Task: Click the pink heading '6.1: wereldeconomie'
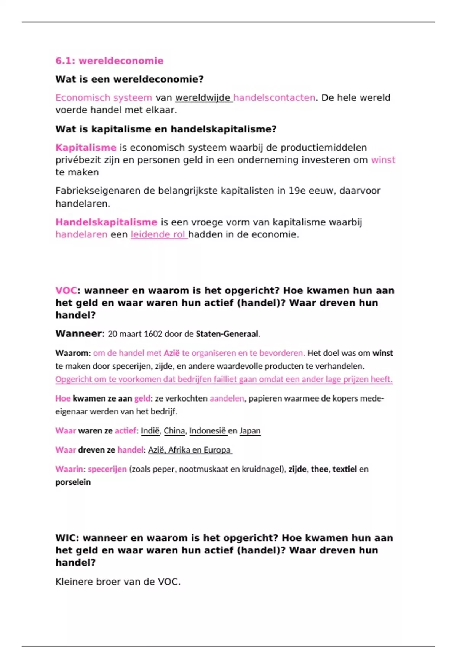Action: click(109, 61)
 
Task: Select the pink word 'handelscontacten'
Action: click(274, 98)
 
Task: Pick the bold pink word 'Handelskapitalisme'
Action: click(106, 222)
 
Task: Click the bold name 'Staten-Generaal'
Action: click(227, 334)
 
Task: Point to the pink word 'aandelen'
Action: click(227, 398)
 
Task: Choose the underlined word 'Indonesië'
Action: click(208, 431)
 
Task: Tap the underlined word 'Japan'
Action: click(250, 431)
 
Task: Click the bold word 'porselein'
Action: click(73, 482)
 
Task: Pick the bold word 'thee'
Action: click(319, 469)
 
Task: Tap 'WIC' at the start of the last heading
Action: click(67, 538)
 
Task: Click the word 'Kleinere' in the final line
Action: click(74, 582)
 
